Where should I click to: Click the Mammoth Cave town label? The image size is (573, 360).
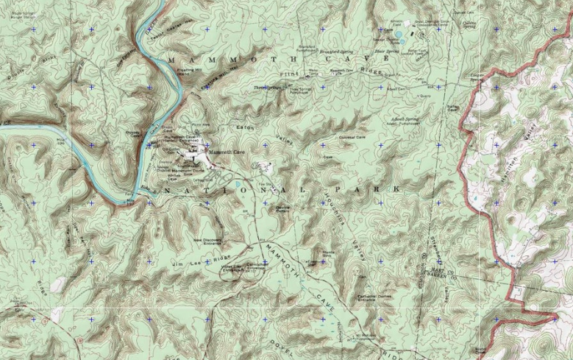point(225,152)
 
